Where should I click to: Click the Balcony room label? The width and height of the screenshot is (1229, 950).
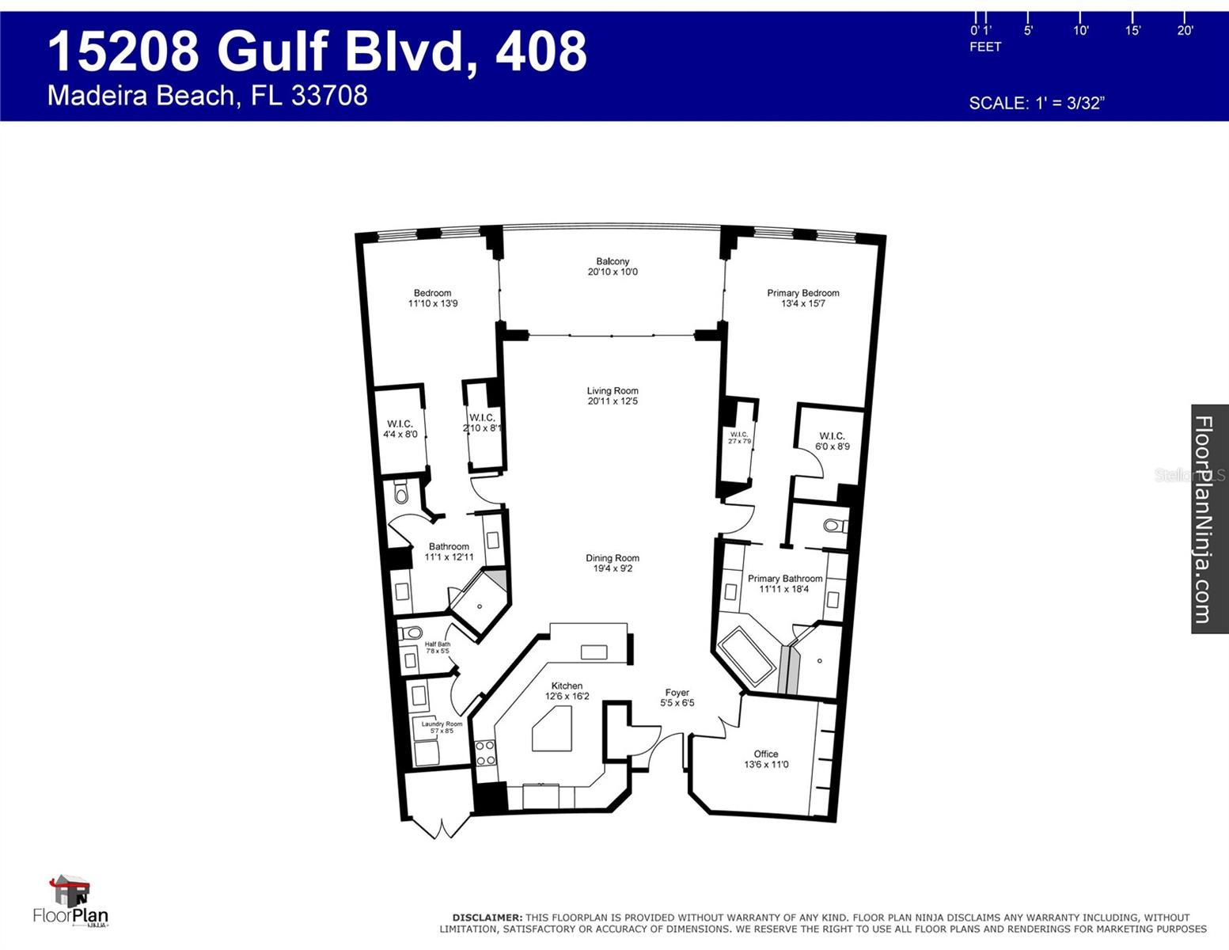[613, 267]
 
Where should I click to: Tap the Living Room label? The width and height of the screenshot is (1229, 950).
[613, 396]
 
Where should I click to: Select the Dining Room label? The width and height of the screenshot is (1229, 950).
[613, 563]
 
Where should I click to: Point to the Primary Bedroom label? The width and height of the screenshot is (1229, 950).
[802, 298]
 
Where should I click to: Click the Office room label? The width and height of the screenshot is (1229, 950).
[766, 759]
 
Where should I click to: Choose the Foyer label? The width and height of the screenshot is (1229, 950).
[677, 697]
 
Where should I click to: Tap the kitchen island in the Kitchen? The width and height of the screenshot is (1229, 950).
[552, 729]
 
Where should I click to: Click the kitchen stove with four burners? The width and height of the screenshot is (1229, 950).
[485, 753]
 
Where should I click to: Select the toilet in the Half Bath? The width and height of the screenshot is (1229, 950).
[411, 633]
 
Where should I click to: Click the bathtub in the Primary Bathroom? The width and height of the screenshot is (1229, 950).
[747, 656]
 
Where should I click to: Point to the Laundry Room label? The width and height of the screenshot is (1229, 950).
[442, 727]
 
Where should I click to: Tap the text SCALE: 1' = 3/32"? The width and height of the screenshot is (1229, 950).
[1036, 103]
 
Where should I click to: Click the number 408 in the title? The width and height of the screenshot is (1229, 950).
[541, 51]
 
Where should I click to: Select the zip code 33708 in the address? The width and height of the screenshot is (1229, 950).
[329, 96]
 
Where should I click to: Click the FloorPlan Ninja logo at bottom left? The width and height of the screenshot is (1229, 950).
[71, 902]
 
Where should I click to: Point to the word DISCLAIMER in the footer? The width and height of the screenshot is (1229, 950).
[487, 918]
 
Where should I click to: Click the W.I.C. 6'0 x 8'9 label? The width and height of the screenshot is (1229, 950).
[832, 441]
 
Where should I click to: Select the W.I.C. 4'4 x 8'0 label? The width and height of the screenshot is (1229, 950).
[400, 429]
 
